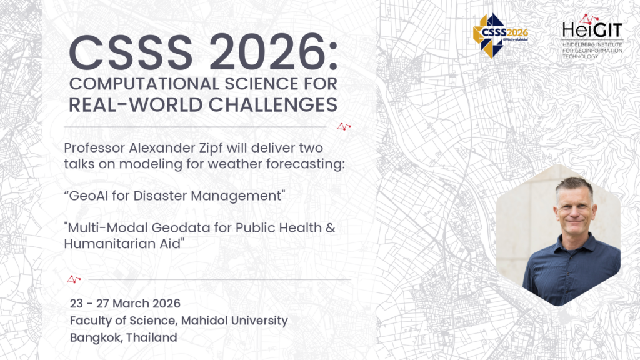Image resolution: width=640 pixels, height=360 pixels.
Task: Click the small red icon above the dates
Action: click(x=74, y=279)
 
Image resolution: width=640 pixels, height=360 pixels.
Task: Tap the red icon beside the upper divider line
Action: click(x=343, y=126)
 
